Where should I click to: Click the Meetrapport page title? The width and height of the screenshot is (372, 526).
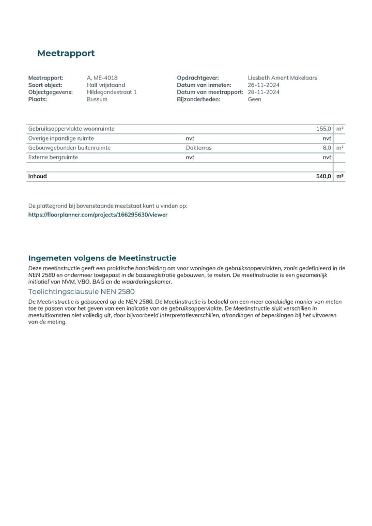point(66,53)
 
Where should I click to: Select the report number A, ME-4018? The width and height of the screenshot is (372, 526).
point(102,78)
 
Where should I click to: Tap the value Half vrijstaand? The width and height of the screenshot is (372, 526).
point(106,85)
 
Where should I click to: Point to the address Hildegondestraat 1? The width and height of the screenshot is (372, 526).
point(112,92)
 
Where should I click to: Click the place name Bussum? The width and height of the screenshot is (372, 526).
point(97,99)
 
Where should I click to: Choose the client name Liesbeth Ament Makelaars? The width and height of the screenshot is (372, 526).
point(282,78)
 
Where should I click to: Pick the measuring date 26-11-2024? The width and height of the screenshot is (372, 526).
point(263,85)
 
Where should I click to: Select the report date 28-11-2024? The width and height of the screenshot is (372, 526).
point(263,92)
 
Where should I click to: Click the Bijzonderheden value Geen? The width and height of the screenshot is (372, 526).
point(255,99)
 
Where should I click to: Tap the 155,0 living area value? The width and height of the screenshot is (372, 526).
point(323,129)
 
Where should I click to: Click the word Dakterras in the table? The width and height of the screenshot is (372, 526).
point(198,148)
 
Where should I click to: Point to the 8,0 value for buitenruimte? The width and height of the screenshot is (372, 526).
point(327,148)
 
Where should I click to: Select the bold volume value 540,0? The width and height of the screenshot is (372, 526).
point(323,176)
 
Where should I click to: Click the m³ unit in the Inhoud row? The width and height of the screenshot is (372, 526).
point(340,176)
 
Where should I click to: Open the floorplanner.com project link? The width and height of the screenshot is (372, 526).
point(98,214)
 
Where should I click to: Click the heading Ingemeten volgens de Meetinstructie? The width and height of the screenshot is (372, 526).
point(102,258)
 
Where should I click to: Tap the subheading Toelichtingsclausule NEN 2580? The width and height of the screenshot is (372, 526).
point(81,291)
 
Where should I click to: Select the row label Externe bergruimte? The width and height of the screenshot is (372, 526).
point(53,157)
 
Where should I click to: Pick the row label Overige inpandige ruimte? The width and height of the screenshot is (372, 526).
point(61,138)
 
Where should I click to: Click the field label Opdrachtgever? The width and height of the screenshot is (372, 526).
point(198,78)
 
